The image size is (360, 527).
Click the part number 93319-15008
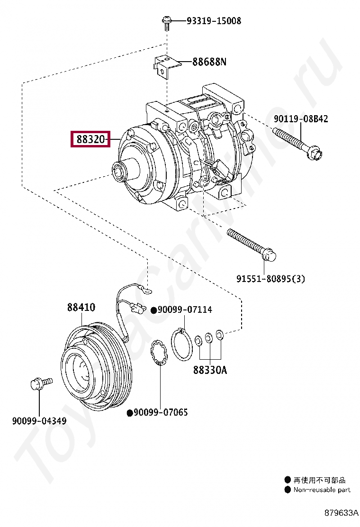point(214,21)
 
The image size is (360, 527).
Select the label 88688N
point(209,62)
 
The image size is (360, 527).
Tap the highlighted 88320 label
point(90,139)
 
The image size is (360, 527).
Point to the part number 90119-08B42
point(301,118)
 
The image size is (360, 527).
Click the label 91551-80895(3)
point(270,279)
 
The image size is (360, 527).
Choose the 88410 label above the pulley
point(81,307)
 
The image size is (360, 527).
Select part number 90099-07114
point(185,309)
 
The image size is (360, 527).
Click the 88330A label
point(210,370)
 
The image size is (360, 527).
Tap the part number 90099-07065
point(161,412)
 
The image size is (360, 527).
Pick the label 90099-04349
point(39,421)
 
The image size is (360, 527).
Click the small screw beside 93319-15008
point(167,23)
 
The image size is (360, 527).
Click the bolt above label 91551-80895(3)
point(252,245)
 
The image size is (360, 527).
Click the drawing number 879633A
point(341,513)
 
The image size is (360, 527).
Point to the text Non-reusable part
point(322,490)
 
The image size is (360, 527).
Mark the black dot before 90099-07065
point(130,413)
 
